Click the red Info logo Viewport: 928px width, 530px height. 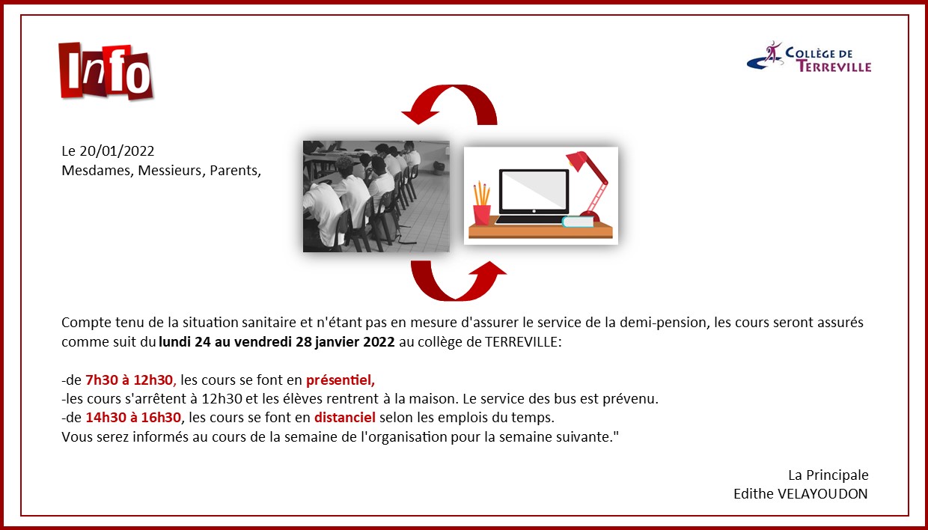point(106,71)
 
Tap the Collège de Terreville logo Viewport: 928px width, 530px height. point(809,57)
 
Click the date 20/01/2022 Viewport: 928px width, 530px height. point(117,150)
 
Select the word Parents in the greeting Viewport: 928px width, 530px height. point(233,171)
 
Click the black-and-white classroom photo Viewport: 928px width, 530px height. point(376,196)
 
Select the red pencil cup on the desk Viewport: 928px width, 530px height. point(482,215)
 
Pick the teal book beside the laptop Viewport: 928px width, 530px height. point(578,222)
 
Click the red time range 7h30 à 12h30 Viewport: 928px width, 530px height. point(129,380)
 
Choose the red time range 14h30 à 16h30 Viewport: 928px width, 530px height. point(133,417)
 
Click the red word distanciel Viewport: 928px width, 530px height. point(345,417)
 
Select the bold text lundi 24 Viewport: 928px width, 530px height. point(185,342)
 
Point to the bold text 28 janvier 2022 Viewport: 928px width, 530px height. point(345,342)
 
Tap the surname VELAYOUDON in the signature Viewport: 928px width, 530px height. point(822,494)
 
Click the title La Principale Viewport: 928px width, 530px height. point(828,475)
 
